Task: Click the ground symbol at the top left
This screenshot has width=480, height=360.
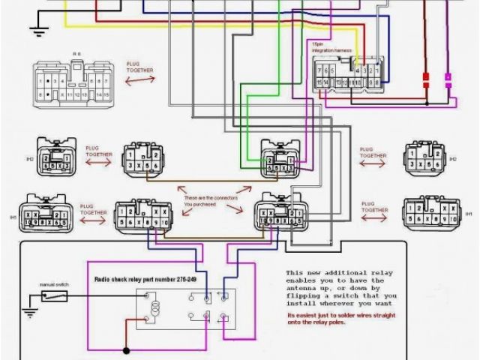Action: pyautogui.click(x=36, y=31)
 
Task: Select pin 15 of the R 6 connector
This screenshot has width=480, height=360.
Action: pyautogui.click(x=108, y=95)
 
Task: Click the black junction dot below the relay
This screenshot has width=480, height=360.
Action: pyautogui.click(x=124, y=349)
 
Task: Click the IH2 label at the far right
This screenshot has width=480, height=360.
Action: pyautogui.click(x=452, y=160)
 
